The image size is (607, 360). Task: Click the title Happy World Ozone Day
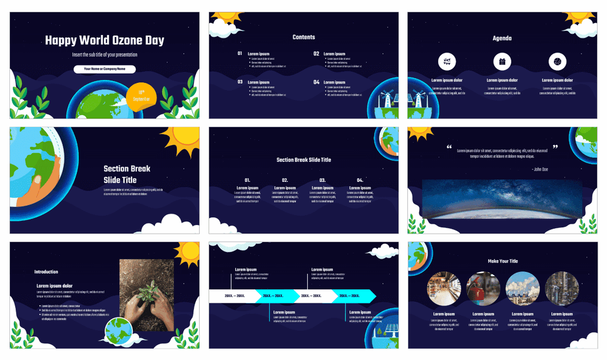pos(105,41)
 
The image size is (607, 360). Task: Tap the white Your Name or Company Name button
pos(105,69)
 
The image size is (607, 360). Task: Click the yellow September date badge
pos(141,96)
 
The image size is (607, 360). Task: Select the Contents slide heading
pos(303,37)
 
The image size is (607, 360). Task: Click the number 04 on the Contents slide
pos(316,82)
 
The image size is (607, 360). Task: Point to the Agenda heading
pos(502,38)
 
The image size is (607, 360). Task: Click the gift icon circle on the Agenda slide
pos(502,61)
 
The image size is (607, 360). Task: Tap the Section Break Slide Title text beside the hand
pos(127,174)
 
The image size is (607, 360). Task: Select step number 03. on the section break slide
pos(322,180)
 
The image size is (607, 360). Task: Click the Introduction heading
pos(46,272)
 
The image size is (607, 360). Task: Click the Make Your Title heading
pos(502,261)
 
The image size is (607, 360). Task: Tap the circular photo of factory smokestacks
pos(522,289)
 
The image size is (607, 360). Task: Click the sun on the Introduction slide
pos(187,253)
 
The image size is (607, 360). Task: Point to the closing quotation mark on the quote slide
pos(554,147)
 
